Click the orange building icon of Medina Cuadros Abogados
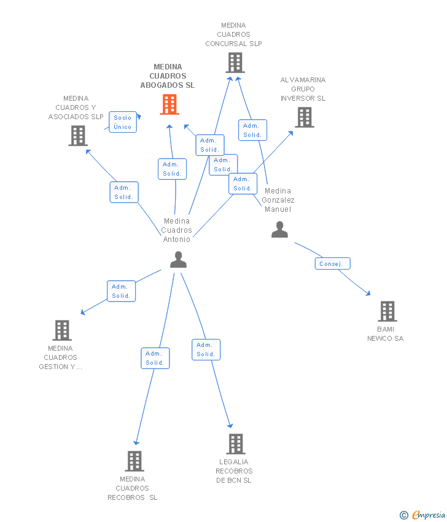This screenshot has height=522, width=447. [x=169, y=104]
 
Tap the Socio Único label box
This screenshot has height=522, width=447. [x=123, y=122]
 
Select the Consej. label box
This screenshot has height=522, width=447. [x=333, y=263]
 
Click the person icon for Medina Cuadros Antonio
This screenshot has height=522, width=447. [x=179, y=260]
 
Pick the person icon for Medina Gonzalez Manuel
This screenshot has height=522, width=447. [x=279, y=230]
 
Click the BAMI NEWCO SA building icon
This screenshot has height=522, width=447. [x=387, y=311]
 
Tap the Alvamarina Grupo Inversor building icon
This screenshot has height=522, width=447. [x=305, y=117]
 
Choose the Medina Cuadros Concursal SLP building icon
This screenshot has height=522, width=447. [x=235, y=63]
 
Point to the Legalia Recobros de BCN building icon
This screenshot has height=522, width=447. [x=236, y=444]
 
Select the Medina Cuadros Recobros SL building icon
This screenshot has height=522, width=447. [x=134, y=461]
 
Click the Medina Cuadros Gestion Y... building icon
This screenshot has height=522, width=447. [x=62, y=330]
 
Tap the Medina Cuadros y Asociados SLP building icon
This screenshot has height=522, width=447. [x=78, y=136]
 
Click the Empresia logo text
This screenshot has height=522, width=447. [x=429, y=515]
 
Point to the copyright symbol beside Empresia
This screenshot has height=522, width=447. [x=404, y=515]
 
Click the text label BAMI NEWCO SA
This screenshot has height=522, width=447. [x=386, y=333]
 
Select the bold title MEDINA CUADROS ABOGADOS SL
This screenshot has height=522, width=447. [x=168, y=76]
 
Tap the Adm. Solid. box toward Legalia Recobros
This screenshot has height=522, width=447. [x=206, y=349]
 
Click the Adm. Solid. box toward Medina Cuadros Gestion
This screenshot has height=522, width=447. [x=121, y=291]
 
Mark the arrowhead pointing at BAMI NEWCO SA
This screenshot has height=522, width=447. [x=368, y=294]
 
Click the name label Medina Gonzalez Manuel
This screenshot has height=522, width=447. [x=278, y=200]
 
